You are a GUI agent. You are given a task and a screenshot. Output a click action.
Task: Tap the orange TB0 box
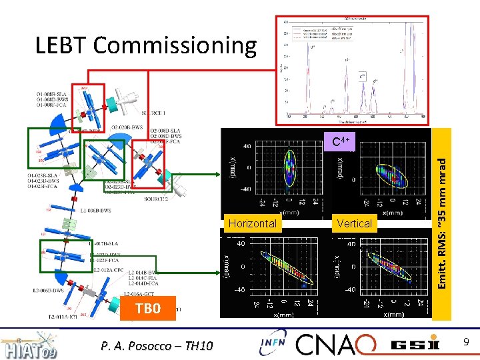[x=148, y=309]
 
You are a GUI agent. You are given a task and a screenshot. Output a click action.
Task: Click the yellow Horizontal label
[x=252, y=223]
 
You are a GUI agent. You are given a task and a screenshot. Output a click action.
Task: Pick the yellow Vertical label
[x=355, y=223]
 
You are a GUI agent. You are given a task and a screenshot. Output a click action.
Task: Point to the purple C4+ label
[x=341, y=141]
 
